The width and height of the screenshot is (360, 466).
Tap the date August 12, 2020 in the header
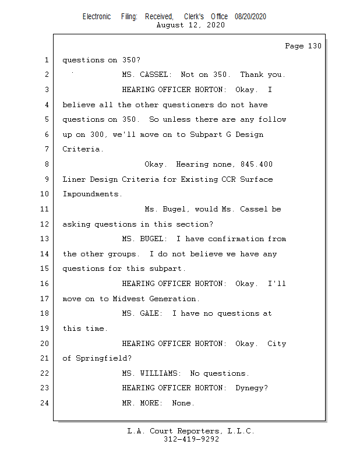tap(191, 25)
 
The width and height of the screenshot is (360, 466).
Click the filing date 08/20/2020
tap(250, 16)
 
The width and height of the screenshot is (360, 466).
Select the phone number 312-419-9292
tap(191, 439)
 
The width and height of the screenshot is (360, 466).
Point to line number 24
tap(46, 403)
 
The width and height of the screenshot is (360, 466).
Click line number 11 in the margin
tap(46, 209)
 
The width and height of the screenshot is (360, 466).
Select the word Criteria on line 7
tap(83, 149)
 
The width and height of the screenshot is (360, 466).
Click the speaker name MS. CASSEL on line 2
tap(147, 75)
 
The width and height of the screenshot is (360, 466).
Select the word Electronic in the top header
tap(97, 16)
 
